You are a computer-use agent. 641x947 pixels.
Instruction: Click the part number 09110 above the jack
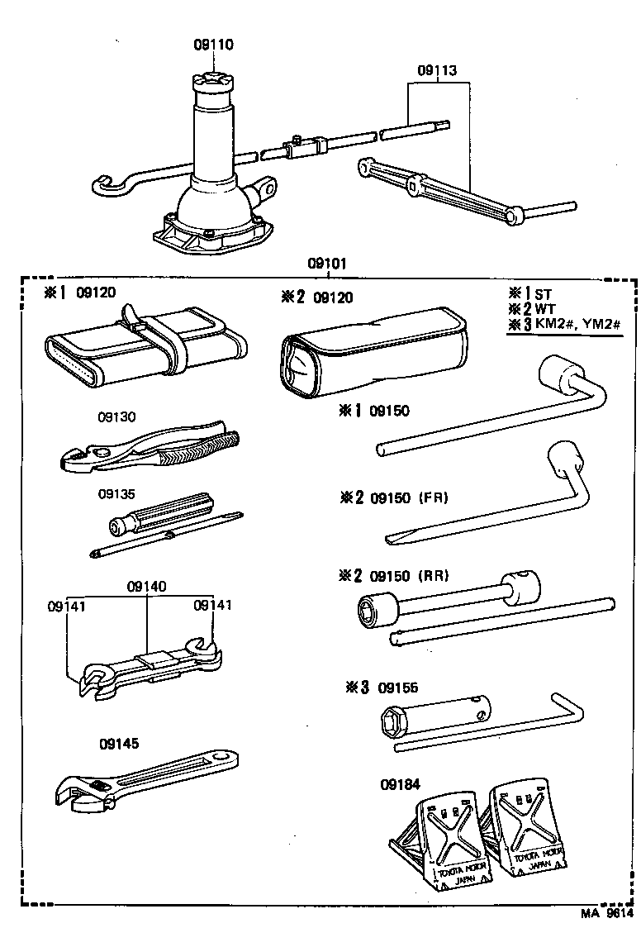pos(213,45)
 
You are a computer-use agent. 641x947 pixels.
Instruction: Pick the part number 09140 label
pos(147,587)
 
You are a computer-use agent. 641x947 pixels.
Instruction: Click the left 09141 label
pos(66,606)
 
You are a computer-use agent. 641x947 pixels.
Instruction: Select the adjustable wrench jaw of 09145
pos(78,795)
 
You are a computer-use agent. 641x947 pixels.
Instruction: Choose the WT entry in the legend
pos(544,309)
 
